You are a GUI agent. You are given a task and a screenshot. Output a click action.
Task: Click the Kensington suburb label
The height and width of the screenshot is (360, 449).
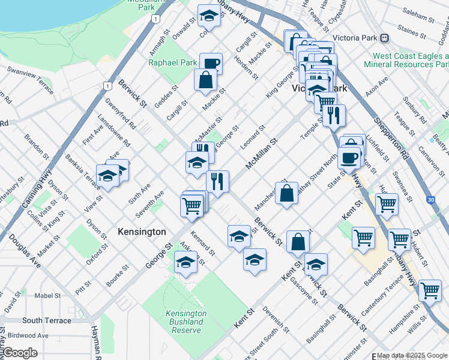tap(142, 232)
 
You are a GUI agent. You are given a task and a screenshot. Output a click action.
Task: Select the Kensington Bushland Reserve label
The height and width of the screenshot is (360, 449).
tap(185, 322)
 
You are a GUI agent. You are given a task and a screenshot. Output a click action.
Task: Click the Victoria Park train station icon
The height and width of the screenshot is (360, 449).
tap(384, 37)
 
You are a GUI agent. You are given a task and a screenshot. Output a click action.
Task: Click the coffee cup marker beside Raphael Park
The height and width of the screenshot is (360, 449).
tap(211, 63)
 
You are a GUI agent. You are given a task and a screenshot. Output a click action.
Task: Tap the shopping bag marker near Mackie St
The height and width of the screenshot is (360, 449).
tap(205, 80)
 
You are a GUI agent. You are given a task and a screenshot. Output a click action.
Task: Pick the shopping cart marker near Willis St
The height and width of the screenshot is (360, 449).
tap(430, 290)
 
